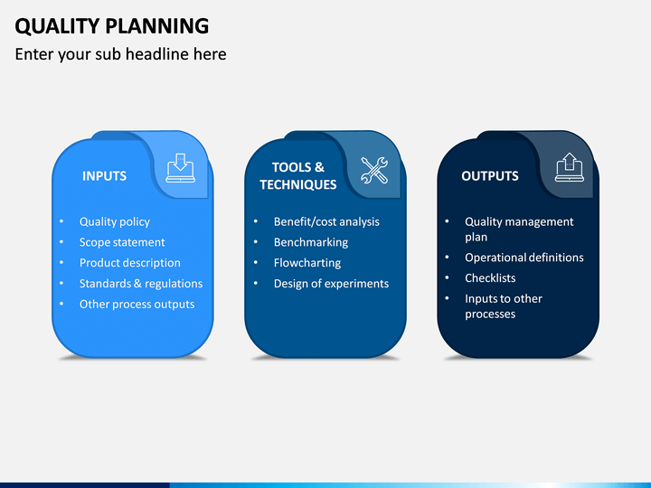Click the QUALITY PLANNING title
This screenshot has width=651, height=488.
(x=112, y=26)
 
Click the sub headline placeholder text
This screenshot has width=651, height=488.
(x=120, y=54)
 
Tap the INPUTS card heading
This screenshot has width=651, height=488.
(x=104, y=176)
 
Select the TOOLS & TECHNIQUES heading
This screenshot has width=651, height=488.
(x=298, y=176)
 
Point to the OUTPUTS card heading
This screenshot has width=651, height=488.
(x=490, y=176)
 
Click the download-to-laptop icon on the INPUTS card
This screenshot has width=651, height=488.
(x=181, y=168)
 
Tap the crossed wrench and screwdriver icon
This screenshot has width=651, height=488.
(x=374, y=170)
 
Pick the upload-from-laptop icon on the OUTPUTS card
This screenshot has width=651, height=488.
(x=570, y=167)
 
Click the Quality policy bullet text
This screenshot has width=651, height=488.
(x=115, y=222)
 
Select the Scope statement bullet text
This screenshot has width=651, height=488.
(x=122, y=242)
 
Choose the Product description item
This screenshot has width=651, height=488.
(x=130, y=263)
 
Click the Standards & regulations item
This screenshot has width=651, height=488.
(x=141, y=284)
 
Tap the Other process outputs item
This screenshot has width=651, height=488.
(x=137, y=305)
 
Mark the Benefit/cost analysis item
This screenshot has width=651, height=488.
(x=326, y=222)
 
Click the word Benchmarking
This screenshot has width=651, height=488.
(x=311, y=243)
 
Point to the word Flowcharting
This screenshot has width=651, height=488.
(x=307, y=263)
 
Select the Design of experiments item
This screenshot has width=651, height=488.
(x=331, y=284)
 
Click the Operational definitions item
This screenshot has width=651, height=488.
(x=524, y=258)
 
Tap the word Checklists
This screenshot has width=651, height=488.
(x=490, y=278)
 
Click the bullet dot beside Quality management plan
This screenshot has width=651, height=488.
(x=448, y=221)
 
